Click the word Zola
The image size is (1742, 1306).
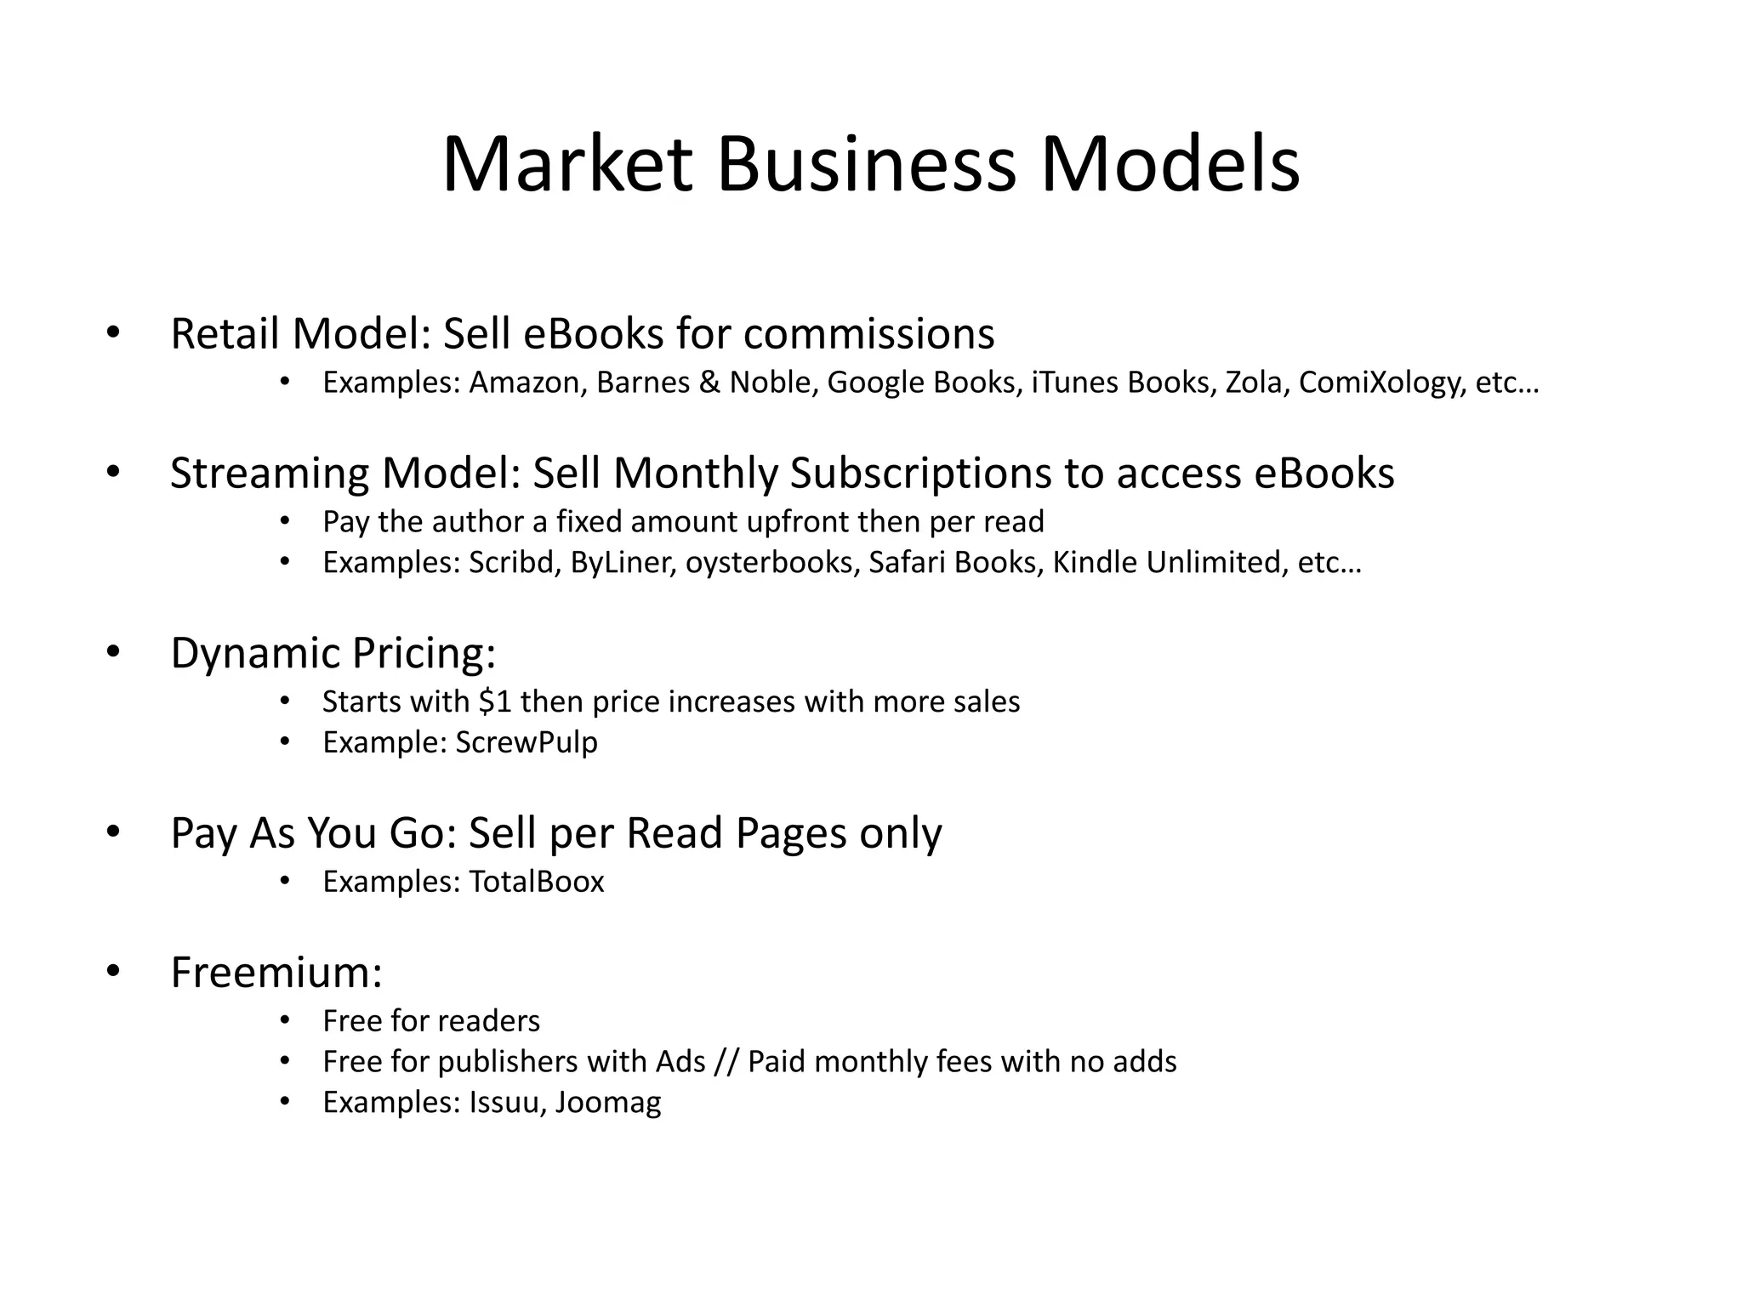(x=1253, y=383)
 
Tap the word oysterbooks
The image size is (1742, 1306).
(x=770, y=564)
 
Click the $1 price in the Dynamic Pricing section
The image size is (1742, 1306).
(x=495, y=701)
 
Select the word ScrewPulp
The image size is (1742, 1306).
(x=527, y=743)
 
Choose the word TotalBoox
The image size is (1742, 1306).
(x=536, y=882)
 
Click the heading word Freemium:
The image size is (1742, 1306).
(x=276, y=972)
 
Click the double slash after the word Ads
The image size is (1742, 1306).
(x=726, y=1063)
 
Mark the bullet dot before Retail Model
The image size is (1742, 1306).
(x=113, y=333)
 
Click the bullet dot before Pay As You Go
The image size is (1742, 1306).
(x=113, y=832)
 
